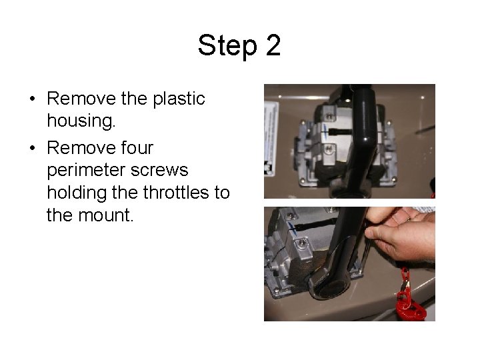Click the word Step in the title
click(x=227, y=46)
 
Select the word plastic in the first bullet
click(x=179, y=99)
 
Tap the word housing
click(x=81, y=120)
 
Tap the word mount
click(x=106, y=215)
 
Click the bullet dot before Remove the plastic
click(x=33, y=99)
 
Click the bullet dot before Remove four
click(x=33, y=148)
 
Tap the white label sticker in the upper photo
click(x=271, y=139)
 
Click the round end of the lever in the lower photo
click(x=330, y=285)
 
